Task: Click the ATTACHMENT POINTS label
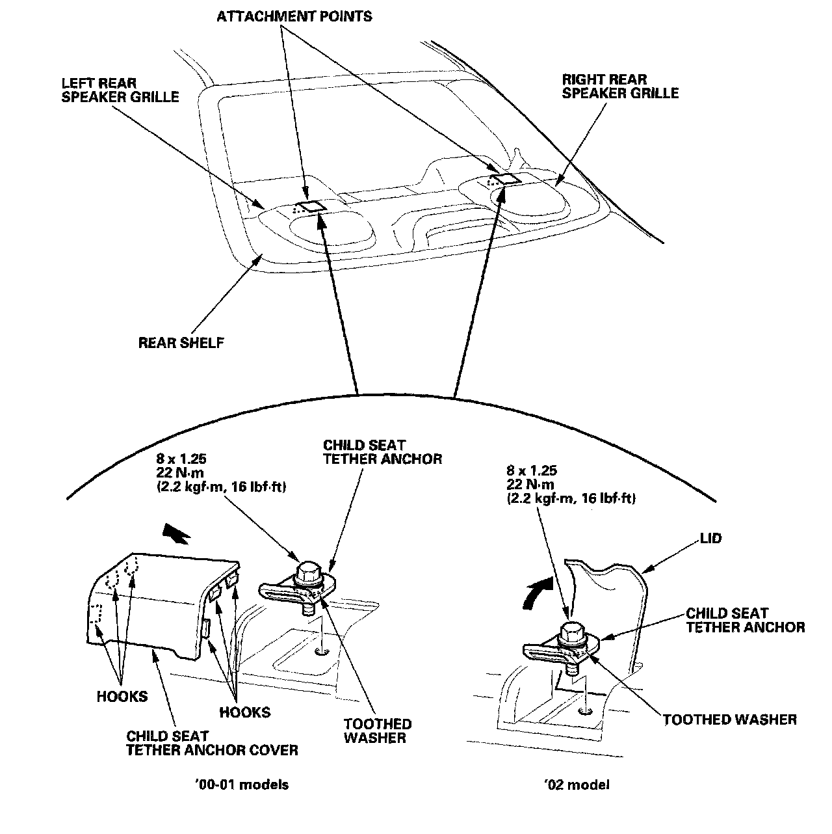pos(294,16)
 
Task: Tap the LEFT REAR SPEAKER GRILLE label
pos(120,90)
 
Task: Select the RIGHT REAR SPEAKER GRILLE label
pos(619,87)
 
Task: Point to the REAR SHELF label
pos(181,342)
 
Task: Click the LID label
pos(711,539)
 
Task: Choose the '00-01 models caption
pos(241,784)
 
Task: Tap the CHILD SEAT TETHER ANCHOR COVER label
pos(212,743)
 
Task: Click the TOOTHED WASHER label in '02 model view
pos(729,719)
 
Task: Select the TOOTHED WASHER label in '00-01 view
pos(377,731)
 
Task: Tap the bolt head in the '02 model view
pos(571,632)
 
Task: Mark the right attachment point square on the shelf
pos(504,179)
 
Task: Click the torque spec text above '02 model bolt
pos(570,485)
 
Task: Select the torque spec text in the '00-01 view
pos(222,472)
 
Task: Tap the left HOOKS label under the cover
pos(122,696)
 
